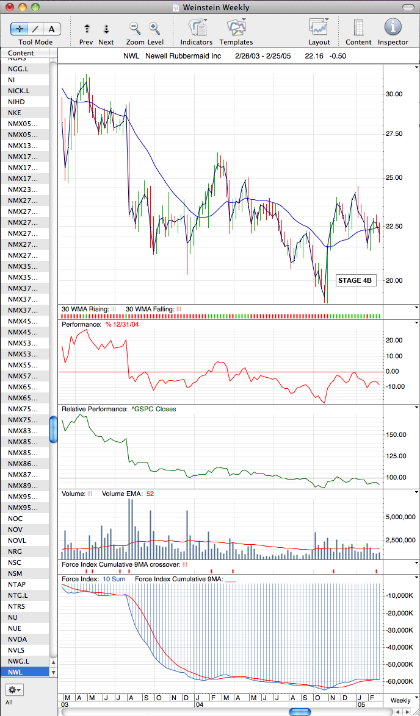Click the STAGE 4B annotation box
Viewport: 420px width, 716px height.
pos(356,280)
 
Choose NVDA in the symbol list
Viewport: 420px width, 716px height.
pos(16,639)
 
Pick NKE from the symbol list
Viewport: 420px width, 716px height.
pos(14,113)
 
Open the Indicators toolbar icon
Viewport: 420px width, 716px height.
pos(197,27)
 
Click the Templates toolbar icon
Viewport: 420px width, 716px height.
pos(236,27)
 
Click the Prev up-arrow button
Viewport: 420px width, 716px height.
pos(87,29)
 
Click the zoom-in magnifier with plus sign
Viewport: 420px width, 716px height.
pos(154,29)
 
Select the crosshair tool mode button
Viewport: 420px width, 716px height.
pos(20,29)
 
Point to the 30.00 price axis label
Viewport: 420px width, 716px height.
pos(394,94)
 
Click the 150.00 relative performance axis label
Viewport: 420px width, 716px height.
pos(396,434)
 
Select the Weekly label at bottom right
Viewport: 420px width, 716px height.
pos(400,701)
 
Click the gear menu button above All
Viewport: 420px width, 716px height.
pos(15,689)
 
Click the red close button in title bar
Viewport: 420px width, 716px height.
pos(10,7)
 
